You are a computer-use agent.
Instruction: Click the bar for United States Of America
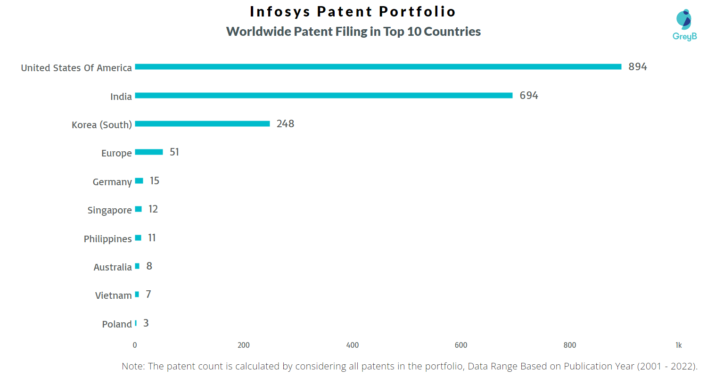point(378,67)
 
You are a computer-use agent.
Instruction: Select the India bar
point(323,96)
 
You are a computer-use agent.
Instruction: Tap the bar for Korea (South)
point(202,124)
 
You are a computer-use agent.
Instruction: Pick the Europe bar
point(149,152)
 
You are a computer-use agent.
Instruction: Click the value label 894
point(638,67)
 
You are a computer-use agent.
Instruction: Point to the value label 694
point(529,96)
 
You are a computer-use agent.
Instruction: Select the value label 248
point(285,124)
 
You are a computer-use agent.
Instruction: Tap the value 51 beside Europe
point(174,152)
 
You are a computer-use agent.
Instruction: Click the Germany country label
point(112,182)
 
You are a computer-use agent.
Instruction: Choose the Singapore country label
point(109,210)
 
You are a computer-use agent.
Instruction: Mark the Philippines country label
point(107,239)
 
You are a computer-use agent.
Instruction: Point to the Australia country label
point(113,267)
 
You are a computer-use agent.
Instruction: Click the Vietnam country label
point(113,295)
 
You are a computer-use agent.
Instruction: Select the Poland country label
point(117,324)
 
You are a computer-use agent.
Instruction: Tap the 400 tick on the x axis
point(353,345)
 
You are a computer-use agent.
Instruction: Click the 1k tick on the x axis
point(678,345)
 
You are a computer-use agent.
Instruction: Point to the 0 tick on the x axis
point(135,345)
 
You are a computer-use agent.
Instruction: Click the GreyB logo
point(684,25)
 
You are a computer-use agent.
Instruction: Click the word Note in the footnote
point(133,366)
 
